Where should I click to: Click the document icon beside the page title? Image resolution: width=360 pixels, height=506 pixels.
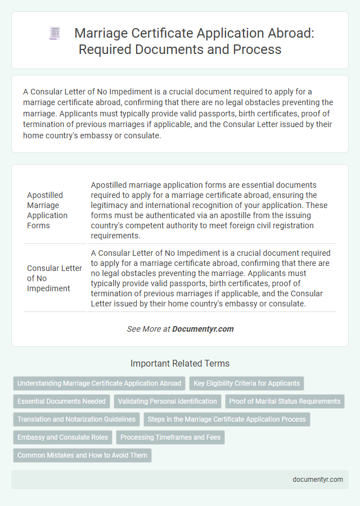tap(55, 34)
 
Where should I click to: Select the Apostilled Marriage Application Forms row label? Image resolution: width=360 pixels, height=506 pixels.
tap(48, 210)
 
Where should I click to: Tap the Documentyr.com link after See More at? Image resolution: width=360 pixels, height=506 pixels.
tap(203, 329)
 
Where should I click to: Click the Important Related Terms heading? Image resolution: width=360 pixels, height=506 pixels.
tap(180, 363)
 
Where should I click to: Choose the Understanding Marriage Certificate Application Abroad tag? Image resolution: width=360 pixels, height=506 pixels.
tap(100, 383)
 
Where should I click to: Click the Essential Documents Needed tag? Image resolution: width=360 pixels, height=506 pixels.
tap(61, 401)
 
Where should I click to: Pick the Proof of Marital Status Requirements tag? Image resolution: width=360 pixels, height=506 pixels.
tap(285, 401)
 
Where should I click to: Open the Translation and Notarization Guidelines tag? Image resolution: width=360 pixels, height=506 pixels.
tap(76, 419)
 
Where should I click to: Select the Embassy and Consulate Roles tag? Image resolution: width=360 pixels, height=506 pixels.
tap(62, 437)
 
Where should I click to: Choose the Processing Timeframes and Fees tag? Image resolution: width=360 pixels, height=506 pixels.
tap(170, 437)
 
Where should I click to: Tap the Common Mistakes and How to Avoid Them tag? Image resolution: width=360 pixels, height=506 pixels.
tap(82, 455)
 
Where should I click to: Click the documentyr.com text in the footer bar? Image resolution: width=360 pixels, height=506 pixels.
tap(317, 480)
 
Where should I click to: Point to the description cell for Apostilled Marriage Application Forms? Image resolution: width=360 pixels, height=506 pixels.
tap(211, 210)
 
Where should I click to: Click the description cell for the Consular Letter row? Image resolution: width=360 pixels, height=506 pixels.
tap(211, 278)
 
